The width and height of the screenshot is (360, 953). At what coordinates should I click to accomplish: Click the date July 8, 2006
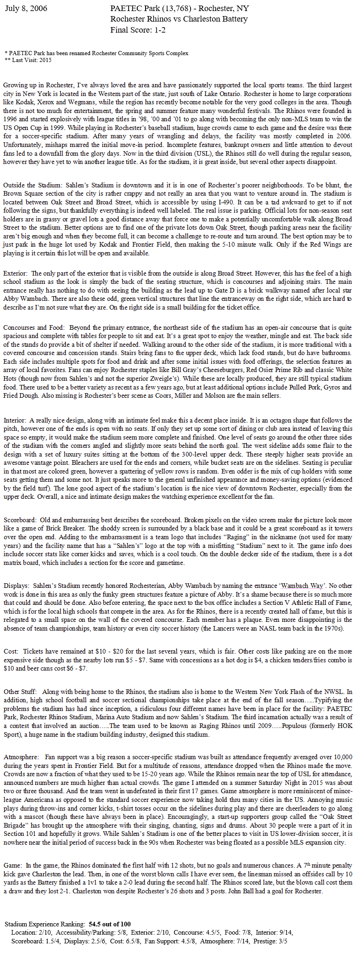(x=26, y=9)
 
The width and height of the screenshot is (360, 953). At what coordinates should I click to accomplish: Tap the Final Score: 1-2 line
(x=138, y=30)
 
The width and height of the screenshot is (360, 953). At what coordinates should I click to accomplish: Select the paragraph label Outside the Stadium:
(x=32, y=186)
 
